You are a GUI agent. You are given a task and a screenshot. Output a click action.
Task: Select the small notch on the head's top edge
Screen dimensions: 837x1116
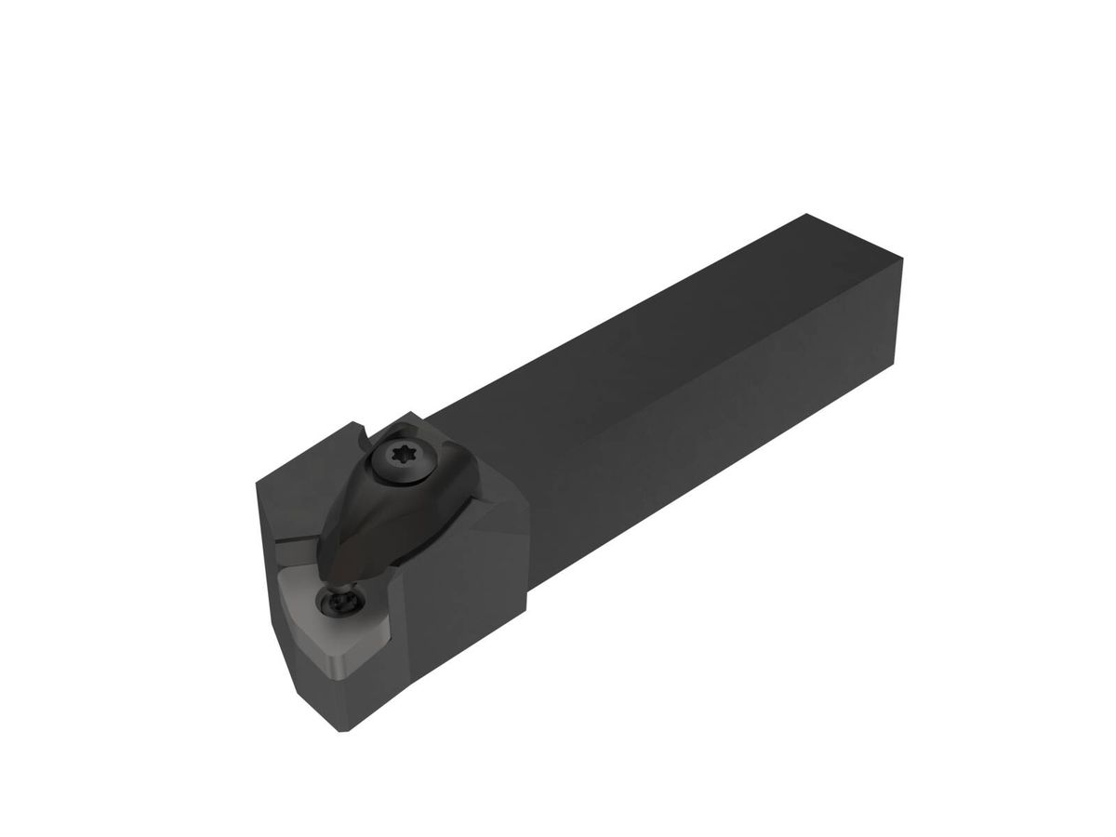coord(364,433)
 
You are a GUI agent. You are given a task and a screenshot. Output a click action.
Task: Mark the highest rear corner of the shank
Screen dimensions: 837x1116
coord(805,215)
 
